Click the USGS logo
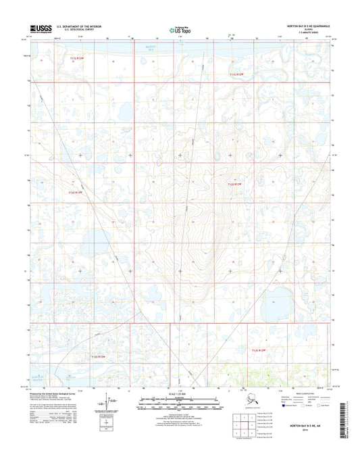42,28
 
